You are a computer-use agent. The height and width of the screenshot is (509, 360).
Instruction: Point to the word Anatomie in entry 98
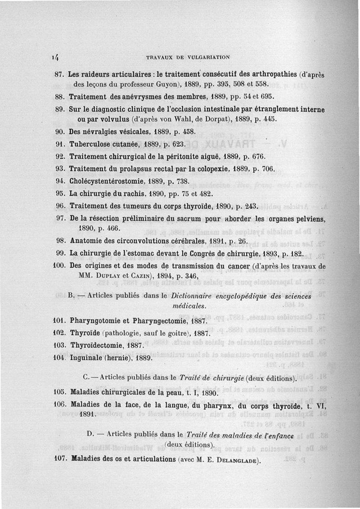point(85,241)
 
